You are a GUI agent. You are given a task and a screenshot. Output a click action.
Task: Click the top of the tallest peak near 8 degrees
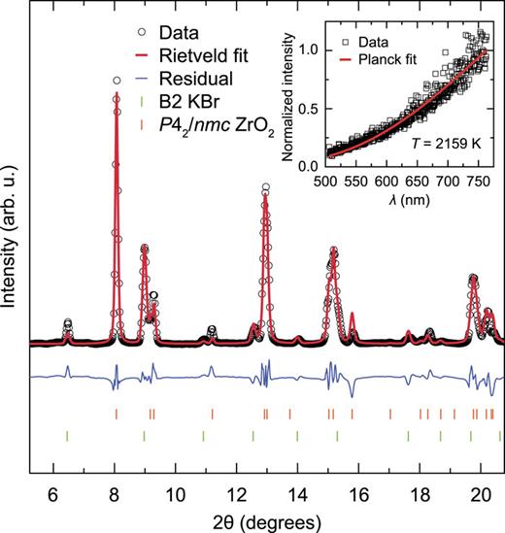click(x=116, y=83)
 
